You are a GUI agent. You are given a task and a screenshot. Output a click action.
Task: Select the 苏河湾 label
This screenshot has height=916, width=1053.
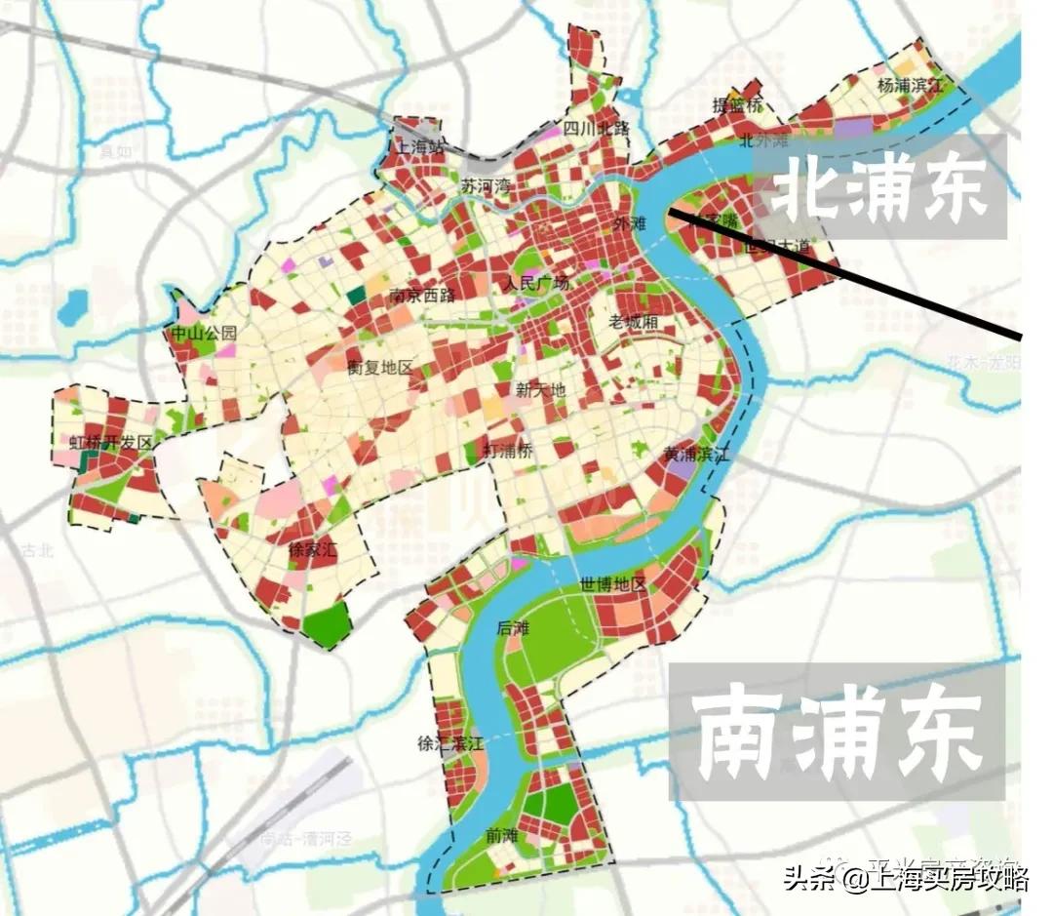pos(485,185)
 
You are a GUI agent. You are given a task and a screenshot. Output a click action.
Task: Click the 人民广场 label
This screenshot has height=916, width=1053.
pos(535,285)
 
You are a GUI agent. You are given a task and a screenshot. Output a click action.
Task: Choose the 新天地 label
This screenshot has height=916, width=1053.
pos(540,390)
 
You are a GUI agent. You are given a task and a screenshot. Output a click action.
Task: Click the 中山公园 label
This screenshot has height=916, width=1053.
pos(204,334)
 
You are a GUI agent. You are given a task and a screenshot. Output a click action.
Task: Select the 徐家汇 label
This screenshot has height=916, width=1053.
pos(312,550)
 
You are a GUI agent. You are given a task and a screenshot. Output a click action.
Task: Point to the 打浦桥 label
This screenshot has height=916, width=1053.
pos(508,450)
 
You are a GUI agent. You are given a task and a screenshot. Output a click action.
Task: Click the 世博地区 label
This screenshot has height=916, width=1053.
pos(613,585)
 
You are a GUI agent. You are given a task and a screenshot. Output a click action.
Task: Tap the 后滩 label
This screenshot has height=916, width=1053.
pos(511,629)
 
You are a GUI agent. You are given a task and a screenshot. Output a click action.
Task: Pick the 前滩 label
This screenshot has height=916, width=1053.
pos(499,836)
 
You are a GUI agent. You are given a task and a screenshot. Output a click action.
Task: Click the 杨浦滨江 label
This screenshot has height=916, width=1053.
pos(911,86)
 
